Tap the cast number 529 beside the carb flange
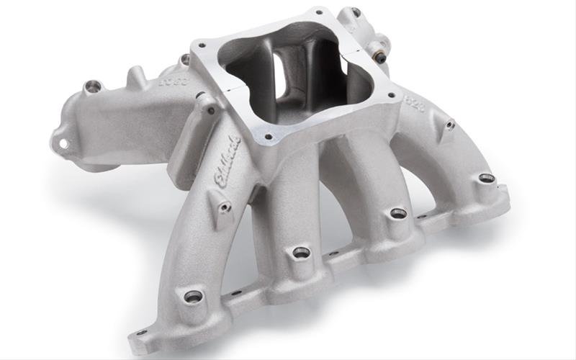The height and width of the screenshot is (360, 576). [x=415, y=104]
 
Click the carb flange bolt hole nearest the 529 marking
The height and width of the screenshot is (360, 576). [x=390, y=93]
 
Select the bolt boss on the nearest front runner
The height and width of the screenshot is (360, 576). [x=193, y=296]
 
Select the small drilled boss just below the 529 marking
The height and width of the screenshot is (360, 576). [x=450, y=125]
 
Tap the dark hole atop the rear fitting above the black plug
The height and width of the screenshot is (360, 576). [x=356, y=12]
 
